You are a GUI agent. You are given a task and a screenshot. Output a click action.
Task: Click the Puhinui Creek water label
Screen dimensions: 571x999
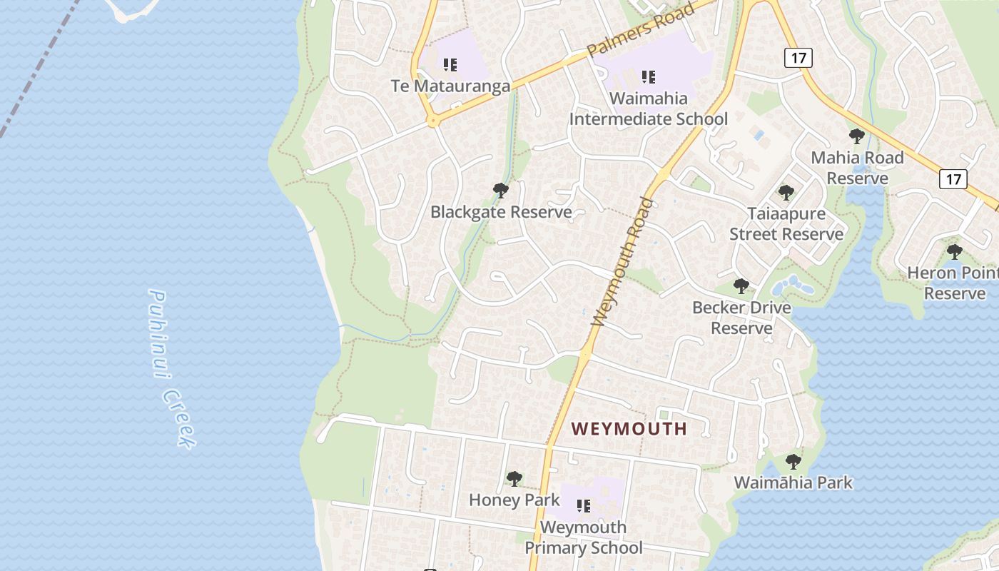coord(171,368)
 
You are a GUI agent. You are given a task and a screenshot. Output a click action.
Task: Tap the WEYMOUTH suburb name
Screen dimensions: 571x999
coord(629,429)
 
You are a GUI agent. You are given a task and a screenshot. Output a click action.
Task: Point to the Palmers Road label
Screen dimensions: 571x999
coord(641,31)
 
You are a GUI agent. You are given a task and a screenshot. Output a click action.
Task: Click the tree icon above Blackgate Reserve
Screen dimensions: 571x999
coord(501,191)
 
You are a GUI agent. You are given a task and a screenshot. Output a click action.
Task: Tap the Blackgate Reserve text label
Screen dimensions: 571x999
coord(501,212)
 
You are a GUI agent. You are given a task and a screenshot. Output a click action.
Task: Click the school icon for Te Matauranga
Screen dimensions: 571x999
coord(450,66)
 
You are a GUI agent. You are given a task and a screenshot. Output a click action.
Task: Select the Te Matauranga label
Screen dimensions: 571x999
coord(450,86)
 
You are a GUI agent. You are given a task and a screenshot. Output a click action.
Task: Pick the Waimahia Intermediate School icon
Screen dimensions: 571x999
coord(648,76)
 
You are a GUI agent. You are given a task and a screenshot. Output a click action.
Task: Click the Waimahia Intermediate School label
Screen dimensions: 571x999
coord(648,108)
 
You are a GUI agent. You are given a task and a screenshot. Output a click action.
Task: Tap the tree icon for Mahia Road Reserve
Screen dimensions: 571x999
coord(857,136)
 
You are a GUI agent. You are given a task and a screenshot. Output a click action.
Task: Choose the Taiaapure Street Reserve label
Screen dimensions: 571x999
coord(786,223)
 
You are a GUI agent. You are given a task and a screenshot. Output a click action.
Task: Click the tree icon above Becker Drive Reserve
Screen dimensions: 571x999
coord(741,286)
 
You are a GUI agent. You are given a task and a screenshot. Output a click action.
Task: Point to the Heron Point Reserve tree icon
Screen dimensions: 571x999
coord(954,252)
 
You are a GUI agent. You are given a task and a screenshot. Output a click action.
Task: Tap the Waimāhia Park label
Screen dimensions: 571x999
coord(793,482)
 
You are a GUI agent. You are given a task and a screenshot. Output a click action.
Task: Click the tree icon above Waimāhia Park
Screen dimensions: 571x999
coord(793,462)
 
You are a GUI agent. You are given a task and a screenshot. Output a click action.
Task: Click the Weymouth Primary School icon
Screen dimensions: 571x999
coord(584,506)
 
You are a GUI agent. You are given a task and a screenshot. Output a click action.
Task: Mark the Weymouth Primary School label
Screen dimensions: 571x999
coord(584,537)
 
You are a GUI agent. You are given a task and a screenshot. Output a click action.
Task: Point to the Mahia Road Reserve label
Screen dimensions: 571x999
coord(857,168)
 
